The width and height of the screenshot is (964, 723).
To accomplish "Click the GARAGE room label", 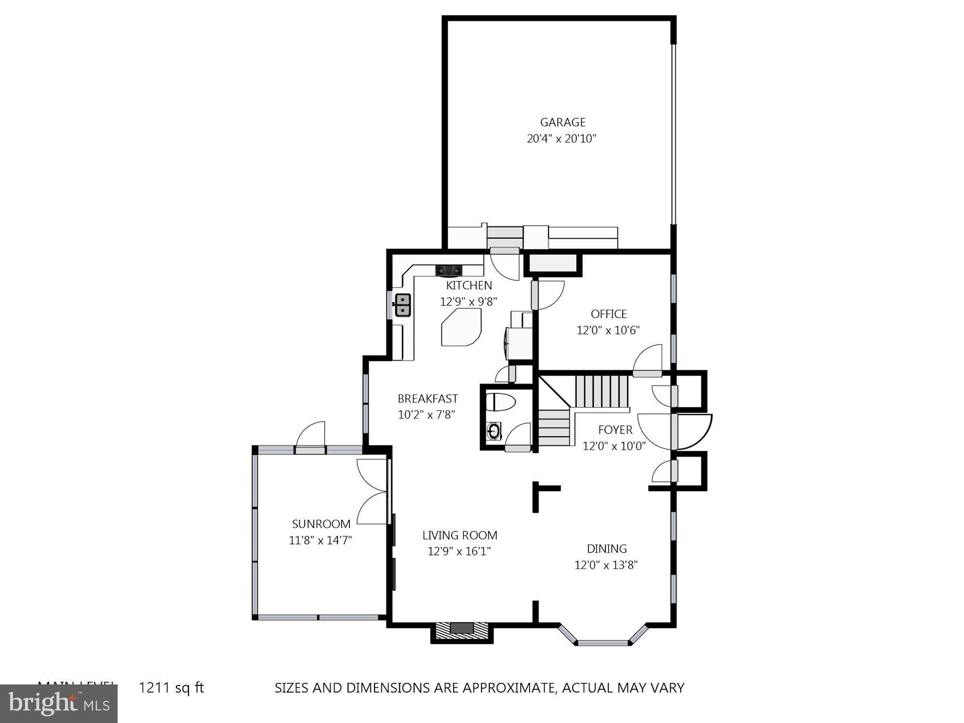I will tap(562, 122).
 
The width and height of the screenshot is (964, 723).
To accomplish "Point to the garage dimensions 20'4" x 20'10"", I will tap(562, 139).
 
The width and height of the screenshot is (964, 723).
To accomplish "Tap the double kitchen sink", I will tap(403, 305).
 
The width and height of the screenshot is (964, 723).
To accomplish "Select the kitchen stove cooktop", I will tap(449, 270).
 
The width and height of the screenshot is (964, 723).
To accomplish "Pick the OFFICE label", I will tap(608, 314).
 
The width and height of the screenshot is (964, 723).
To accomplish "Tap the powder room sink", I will tap(494, 431).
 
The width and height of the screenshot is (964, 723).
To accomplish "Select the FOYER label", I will tap(615, 430).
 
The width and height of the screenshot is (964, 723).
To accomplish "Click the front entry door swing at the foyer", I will tap(694, 431).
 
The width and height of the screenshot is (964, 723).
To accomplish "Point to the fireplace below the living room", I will tap(462, 631).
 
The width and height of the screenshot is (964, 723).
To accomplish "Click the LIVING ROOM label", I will tap(459, 535).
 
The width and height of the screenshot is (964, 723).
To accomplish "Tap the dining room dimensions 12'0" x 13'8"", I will tap(606, 565).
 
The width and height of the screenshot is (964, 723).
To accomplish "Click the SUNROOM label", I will tap(321, 524).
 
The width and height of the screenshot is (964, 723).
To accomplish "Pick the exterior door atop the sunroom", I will tap(310, 439).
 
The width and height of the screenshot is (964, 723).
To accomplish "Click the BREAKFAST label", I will tap(427, 399).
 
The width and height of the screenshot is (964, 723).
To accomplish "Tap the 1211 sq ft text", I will tap(171, 688).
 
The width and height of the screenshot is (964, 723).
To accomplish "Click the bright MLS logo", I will tap(58, 704).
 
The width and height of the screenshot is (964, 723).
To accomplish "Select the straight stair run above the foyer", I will tap(602, 391).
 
